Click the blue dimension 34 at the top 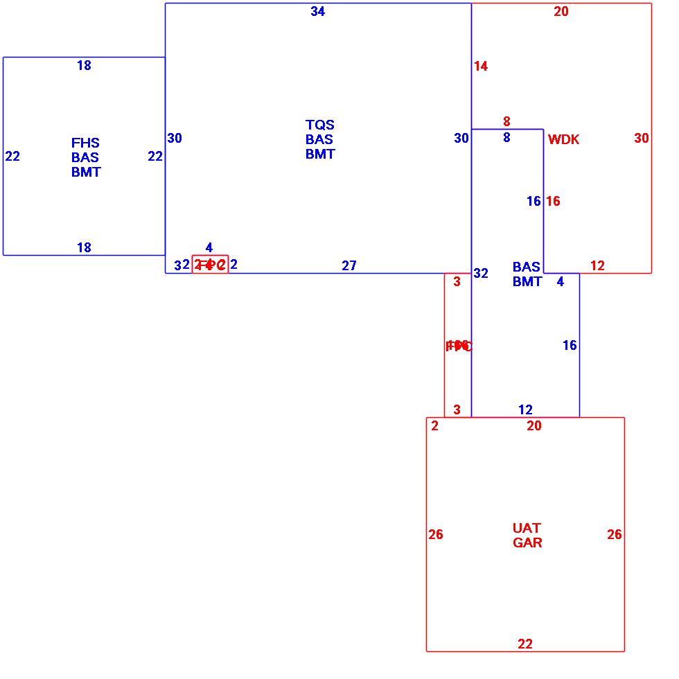317,12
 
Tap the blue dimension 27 349,266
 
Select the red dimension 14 481,67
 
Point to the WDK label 563,140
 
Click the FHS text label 85,143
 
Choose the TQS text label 319,125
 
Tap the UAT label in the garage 527,528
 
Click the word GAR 527,543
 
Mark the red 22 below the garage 525,644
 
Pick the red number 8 506,122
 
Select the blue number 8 506,138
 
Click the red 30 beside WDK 642,139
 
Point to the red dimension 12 597,266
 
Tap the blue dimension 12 525,410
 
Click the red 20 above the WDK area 561,12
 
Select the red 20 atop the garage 534,426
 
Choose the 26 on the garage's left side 436,535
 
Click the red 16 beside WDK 553,202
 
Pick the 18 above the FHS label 84,66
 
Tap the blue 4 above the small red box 209,248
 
